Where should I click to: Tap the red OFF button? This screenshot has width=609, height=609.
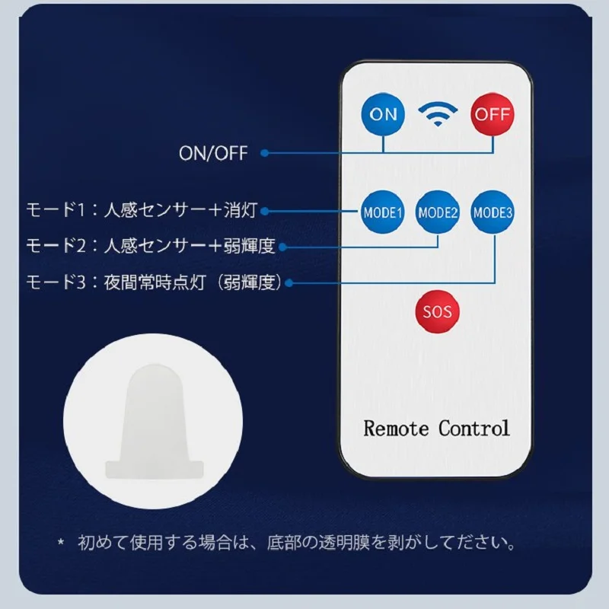[x=493, y=114]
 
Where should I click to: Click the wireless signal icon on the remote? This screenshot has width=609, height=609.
[x=438, y=113]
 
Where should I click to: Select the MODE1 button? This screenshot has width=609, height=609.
[x=383, y=212]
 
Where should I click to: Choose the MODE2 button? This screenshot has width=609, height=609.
[x=438, y=212]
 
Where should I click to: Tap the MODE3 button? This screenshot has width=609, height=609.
[x=493, y=212]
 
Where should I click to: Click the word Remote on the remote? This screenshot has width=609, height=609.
[x=396, y=429]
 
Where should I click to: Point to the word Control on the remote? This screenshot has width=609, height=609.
[x=473, y=429]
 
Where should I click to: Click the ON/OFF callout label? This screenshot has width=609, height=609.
[x=213, y=153]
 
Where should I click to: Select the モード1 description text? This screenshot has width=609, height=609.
[x=142, y=210]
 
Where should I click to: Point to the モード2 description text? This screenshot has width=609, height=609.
[x=151, y=245]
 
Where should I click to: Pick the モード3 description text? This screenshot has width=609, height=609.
[x=154, y=282]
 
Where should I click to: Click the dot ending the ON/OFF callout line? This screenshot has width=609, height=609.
[x=264, y=153]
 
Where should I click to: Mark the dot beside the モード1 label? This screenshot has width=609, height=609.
[x=264, y=212]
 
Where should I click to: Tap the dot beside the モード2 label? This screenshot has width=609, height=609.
[x=282, y=247]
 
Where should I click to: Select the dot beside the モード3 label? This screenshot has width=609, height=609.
[x=289, y=282]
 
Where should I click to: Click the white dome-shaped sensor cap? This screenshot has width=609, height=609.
[x=155, y=422]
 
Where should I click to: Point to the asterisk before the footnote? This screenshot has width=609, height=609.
[x=61, y=541]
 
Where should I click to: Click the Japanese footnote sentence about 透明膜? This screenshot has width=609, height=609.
[x=297, y=543]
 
